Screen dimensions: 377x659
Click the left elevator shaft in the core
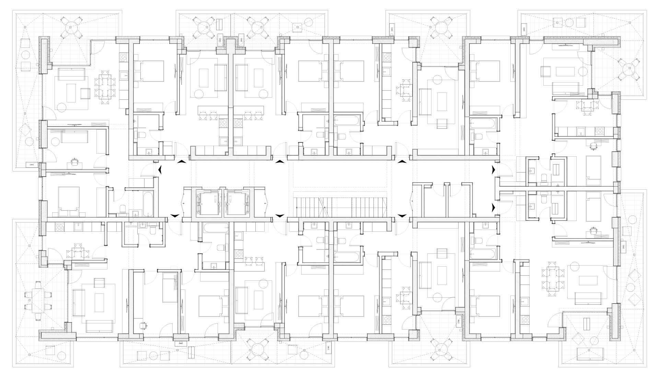coord(208,204)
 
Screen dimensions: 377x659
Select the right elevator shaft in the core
coord(238,204)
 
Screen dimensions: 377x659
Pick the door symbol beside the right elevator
coord(265,204)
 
